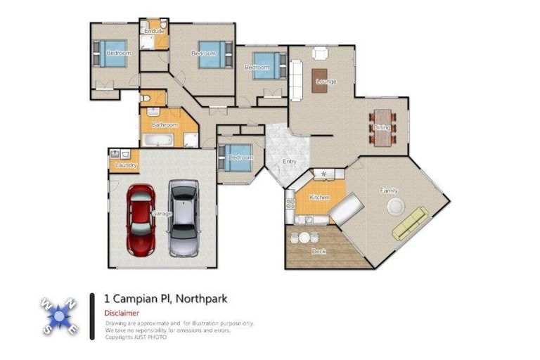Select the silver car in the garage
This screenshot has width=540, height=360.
point(183,217)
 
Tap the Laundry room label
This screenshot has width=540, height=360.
point(124,166)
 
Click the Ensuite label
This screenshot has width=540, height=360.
point(153,32)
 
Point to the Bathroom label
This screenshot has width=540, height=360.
point(165,125)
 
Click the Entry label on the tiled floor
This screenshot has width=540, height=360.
point(289,162)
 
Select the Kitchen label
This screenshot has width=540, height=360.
point(319,198)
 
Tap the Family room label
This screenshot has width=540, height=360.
point(389,191)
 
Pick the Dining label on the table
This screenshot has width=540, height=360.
point(382,127)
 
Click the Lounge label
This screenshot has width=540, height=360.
point(326,82)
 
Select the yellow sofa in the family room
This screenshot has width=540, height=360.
point(410,224)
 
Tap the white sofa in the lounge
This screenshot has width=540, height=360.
point(296,75)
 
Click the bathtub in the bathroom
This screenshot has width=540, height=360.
point(160,141)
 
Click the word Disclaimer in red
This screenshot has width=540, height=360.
point(121,313)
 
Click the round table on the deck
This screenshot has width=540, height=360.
point(304,238)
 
